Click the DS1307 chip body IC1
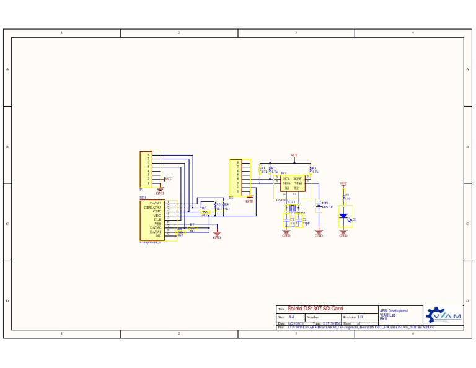coord(293,183)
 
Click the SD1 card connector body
coord(152,220)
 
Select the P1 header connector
coord(146,169)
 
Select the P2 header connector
coord(236,178)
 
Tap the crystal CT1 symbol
coord(291,208)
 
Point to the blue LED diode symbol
coord(343,216)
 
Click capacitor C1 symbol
coord(286,220)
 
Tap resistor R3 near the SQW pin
coord(311,170)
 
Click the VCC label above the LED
coord(343,183)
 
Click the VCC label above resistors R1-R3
coord(294,156)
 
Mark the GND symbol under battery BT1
coord(319,234)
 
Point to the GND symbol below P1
coord(160,191)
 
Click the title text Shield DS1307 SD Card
coord(315,309)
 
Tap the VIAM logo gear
coord(435,315)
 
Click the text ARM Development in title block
coord(394,311)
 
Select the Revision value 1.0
coord(359,317)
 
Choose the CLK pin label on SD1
coord(157,219)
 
